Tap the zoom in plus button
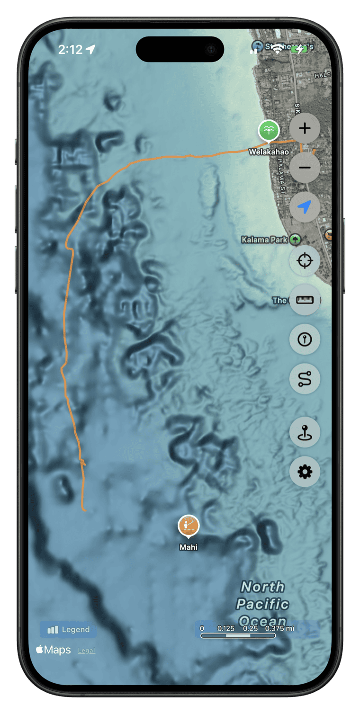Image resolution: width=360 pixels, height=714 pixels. click(305, 128)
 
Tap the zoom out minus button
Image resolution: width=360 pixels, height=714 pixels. click(305, 168)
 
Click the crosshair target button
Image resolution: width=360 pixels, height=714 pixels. click(305, 260)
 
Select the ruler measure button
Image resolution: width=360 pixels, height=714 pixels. click(305, 300)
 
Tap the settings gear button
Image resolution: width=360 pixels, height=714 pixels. click(305, 472)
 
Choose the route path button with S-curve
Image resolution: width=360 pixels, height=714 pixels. click(305, 379)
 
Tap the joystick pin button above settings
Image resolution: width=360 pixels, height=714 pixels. click(305, 432)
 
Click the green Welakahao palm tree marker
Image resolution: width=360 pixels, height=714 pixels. click(269, 130)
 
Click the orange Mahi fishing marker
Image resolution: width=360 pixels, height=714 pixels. click(189, 526)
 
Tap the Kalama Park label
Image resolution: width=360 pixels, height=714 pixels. click(264, 240)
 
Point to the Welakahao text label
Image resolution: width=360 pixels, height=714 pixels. click(269, 152)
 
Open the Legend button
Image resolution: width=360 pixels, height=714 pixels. click(68, 630)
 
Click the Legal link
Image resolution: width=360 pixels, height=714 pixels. click(87, 651)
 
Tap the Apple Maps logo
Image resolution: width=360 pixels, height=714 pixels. click(53, 650)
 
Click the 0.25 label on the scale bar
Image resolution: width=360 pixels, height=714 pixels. click(250, 628)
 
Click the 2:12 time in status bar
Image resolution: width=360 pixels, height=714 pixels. click(71, 49)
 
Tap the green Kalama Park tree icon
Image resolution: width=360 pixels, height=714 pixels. click(296, 240)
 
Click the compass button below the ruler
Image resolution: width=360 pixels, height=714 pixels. click(305, 339)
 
